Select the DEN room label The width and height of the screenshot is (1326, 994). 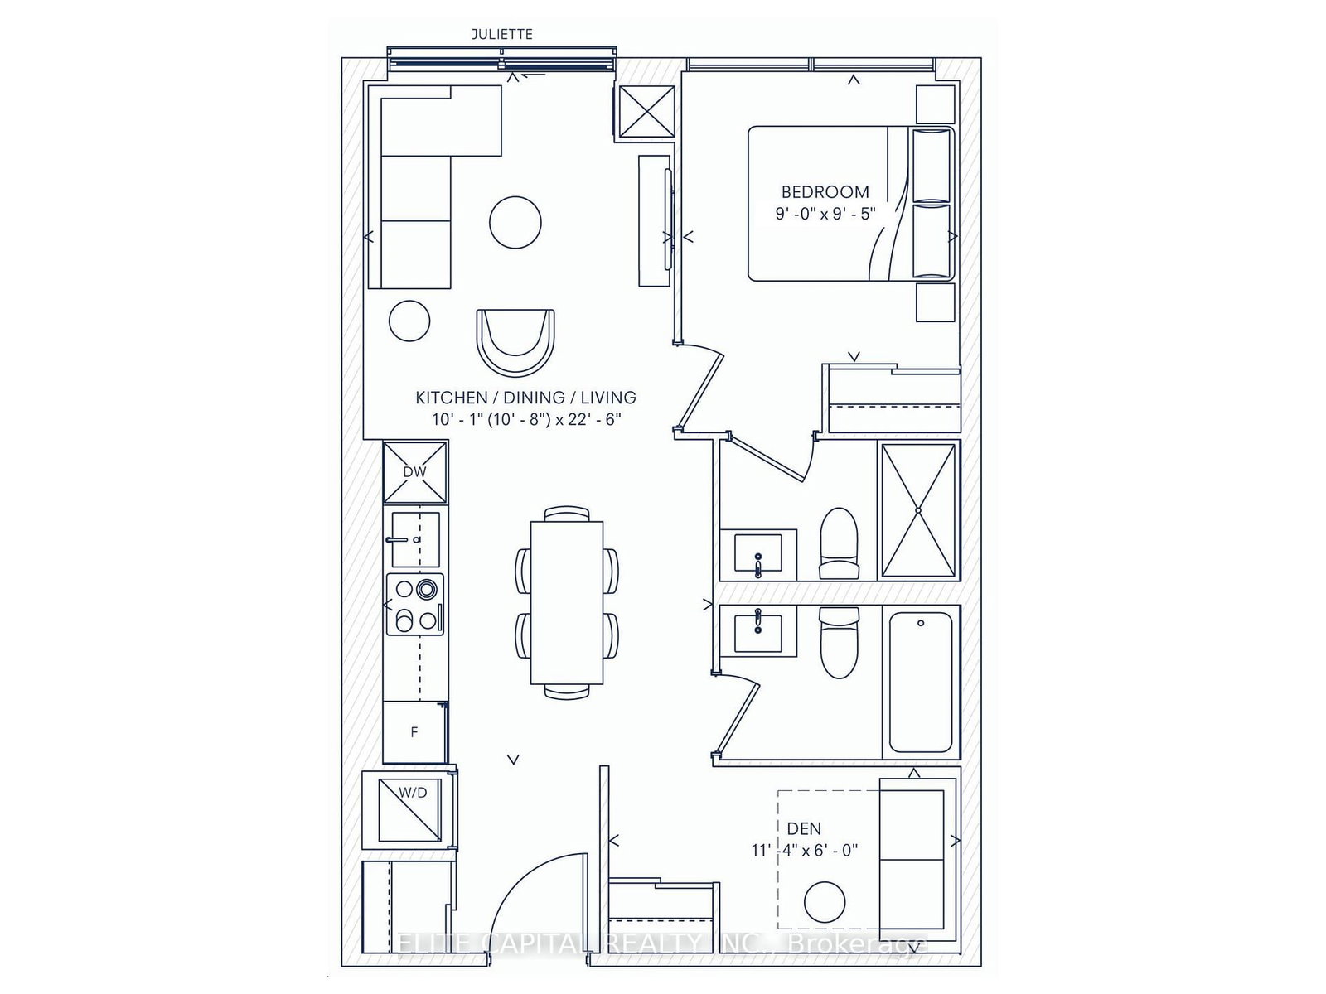(804, 828)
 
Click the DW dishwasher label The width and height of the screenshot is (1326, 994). (414, 472)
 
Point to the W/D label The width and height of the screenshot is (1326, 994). (413, 793)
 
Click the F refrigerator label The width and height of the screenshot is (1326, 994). (414, 732)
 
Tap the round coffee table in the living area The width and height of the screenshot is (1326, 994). (515, 222)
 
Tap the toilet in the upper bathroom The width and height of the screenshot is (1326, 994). (840, 543)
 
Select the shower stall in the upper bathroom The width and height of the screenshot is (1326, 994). (918, 510)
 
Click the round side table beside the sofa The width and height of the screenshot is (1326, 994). (409, 320)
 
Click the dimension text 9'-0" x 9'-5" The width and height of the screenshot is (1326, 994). (825, 214)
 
